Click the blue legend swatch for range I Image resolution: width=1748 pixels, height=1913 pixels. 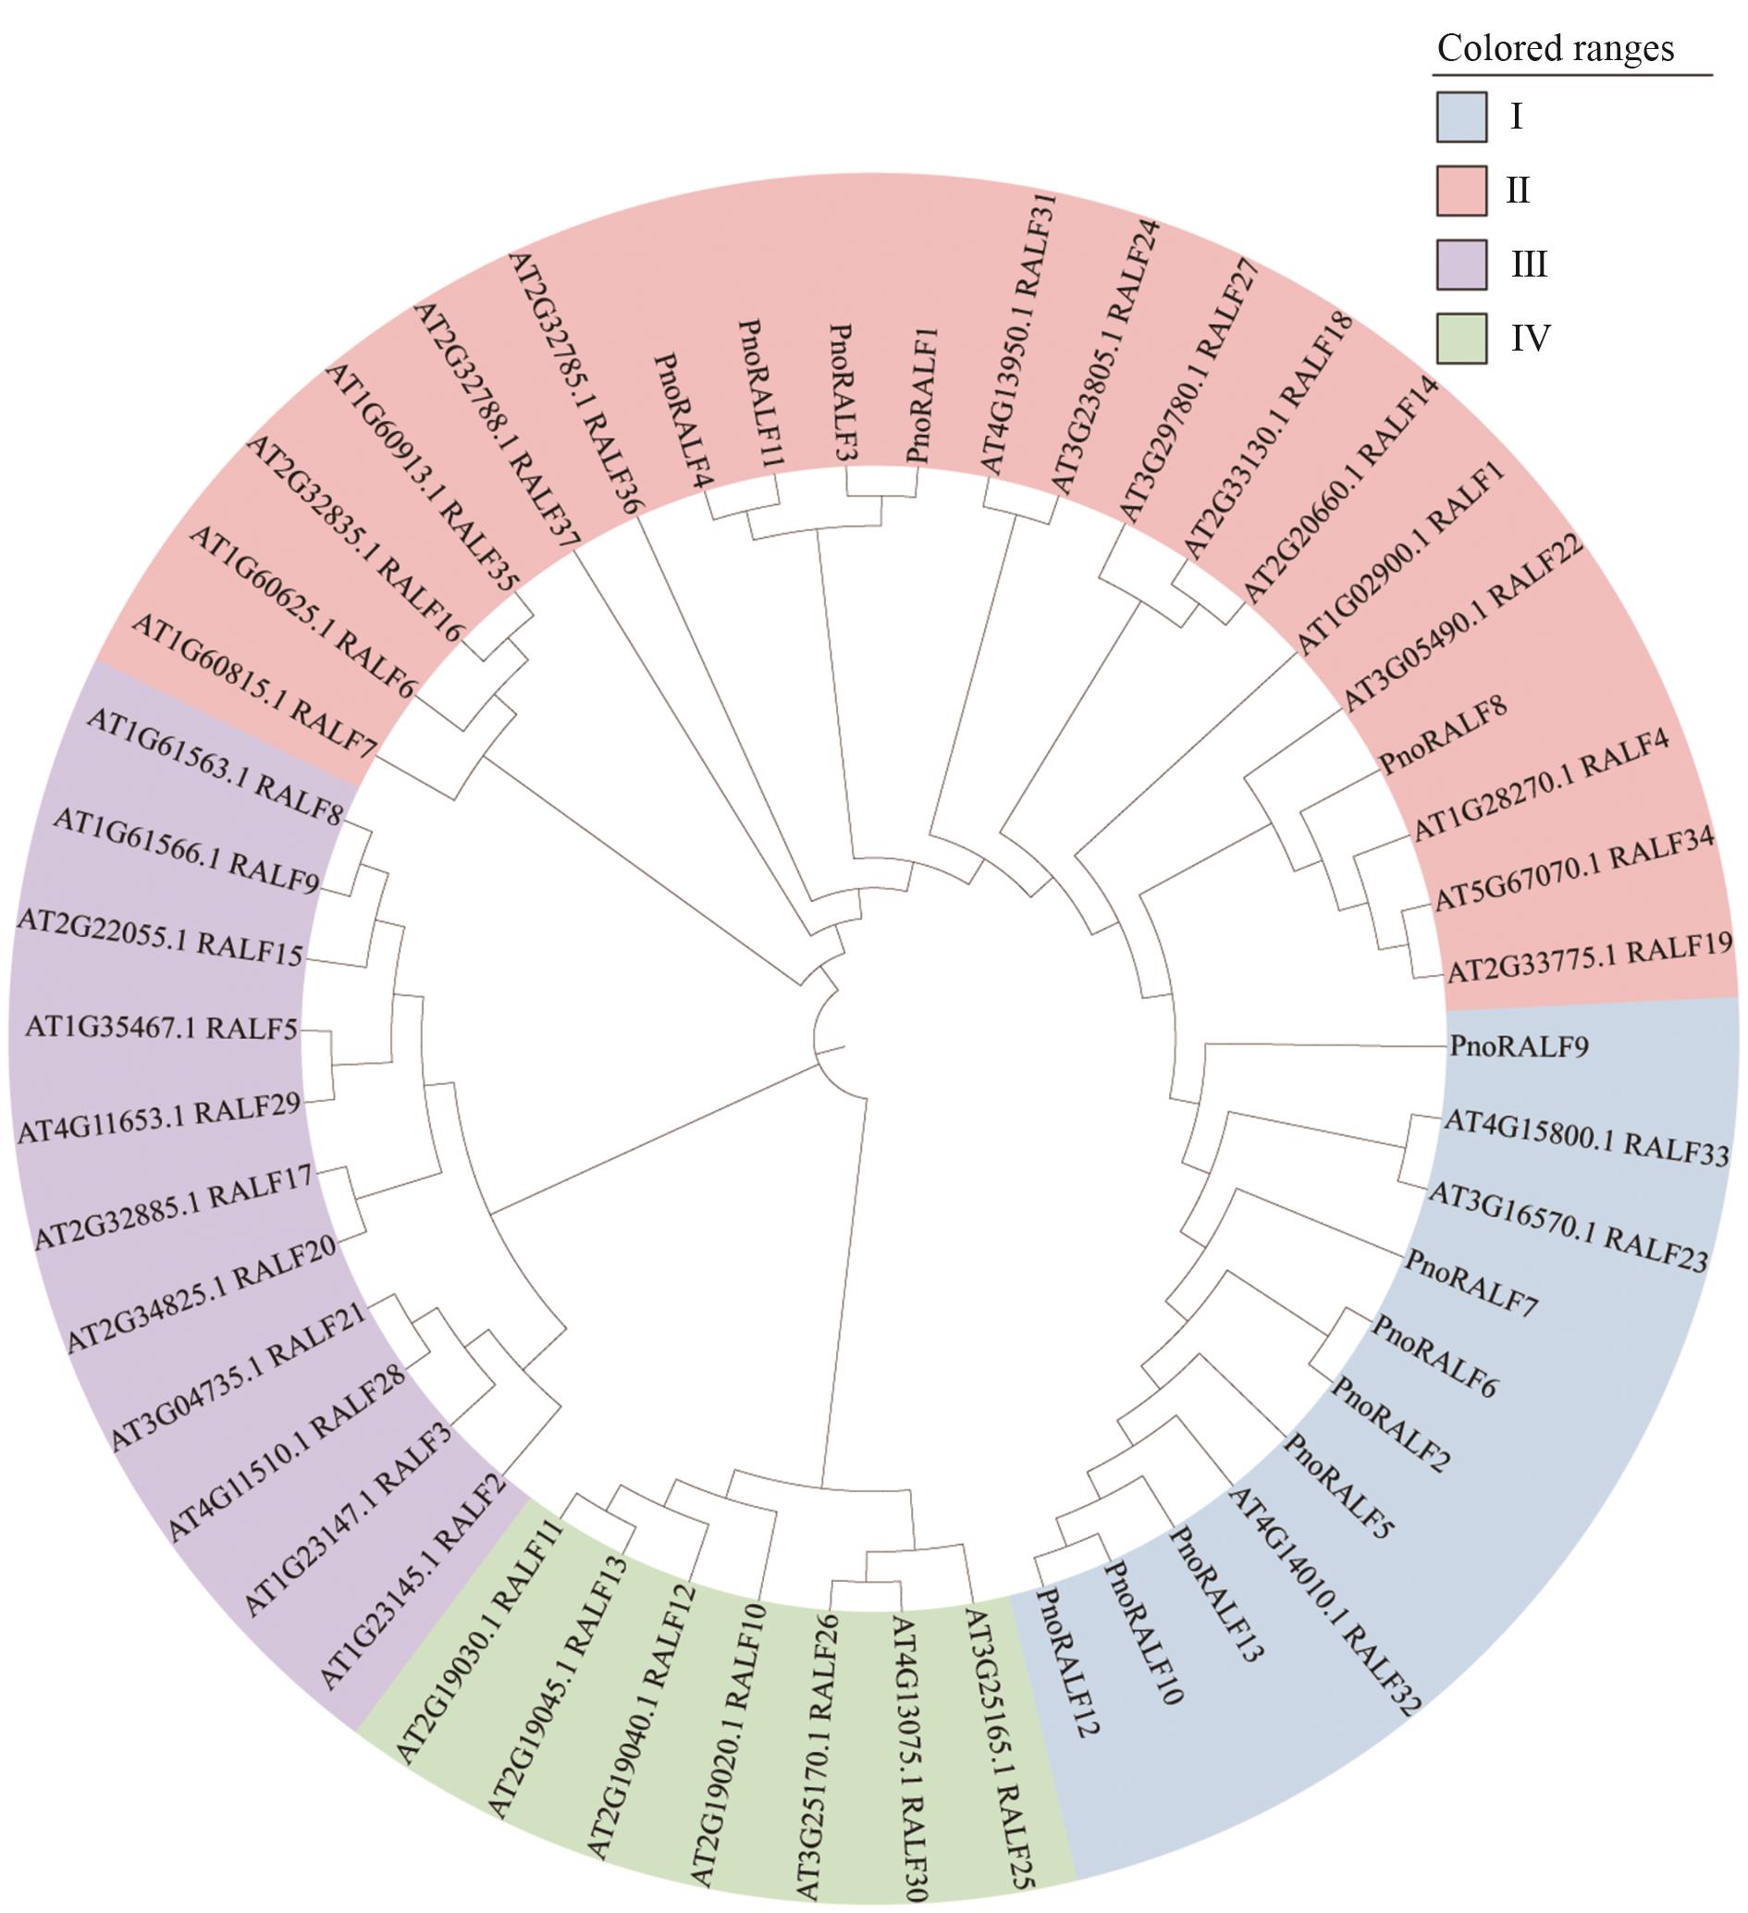(1460, 117)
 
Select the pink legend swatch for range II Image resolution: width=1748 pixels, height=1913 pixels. (1460, 190)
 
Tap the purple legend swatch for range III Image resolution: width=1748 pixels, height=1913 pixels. (1460, 263)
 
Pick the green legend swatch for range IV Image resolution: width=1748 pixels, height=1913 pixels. (1460, 336)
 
